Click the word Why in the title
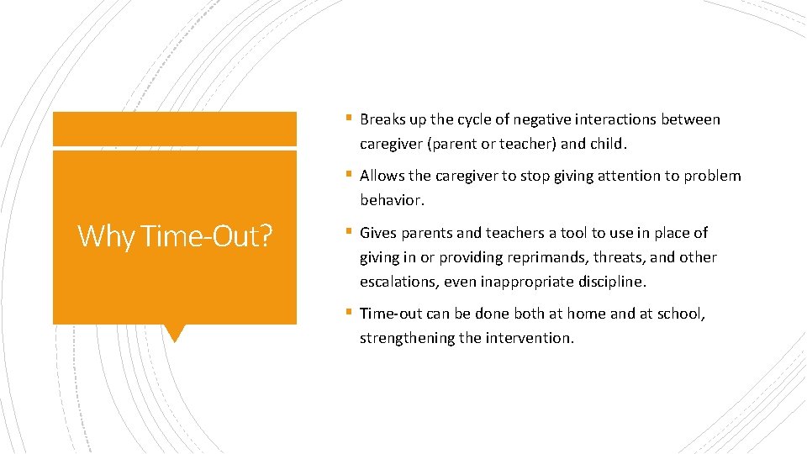(x=108, y=236)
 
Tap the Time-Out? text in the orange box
(x=208, y=236)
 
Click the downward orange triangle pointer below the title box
(x=175, y=333)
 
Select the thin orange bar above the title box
(x=175, y=129)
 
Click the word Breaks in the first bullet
(x=382, y=119)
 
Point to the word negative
(x=545, y=119)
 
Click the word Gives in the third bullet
(x=378, y=233)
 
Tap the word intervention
(x=530, y=338)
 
